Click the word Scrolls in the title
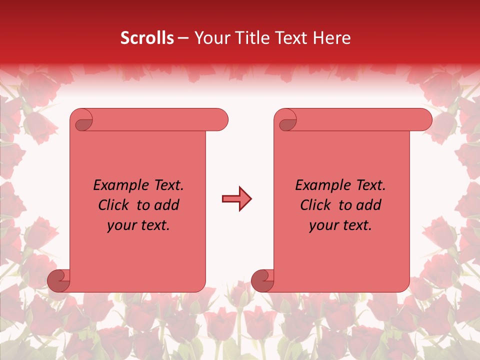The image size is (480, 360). coord(147,38)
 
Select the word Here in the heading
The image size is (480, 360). coord(331,38)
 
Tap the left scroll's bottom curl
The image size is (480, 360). coord(59,280)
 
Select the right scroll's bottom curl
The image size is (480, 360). coord(262,280)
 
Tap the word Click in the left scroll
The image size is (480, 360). coord(114,205)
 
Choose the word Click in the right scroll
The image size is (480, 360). coord(316,205)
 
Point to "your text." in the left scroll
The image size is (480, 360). coord(138,225)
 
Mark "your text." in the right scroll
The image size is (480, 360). coord(340,225)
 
